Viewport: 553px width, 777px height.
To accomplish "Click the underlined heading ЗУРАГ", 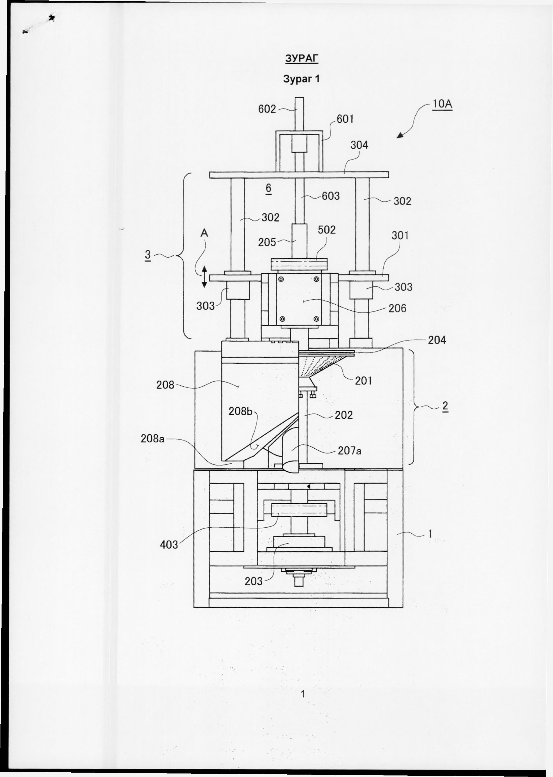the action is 301,59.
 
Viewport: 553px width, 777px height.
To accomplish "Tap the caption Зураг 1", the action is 301,79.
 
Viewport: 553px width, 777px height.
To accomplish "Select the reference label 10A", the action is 442,104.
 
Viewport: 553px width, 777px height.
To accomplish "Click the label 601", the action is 345,119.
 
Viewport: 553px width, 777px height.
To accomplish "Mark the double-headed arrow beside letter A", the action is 204,277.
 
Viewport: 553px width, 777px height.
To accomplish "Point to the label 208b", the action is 240,411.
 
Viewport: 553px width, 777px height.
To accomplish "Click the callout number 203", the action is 253,581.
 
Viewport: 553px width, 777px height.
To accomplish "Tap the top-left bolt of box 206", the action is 281,279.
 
